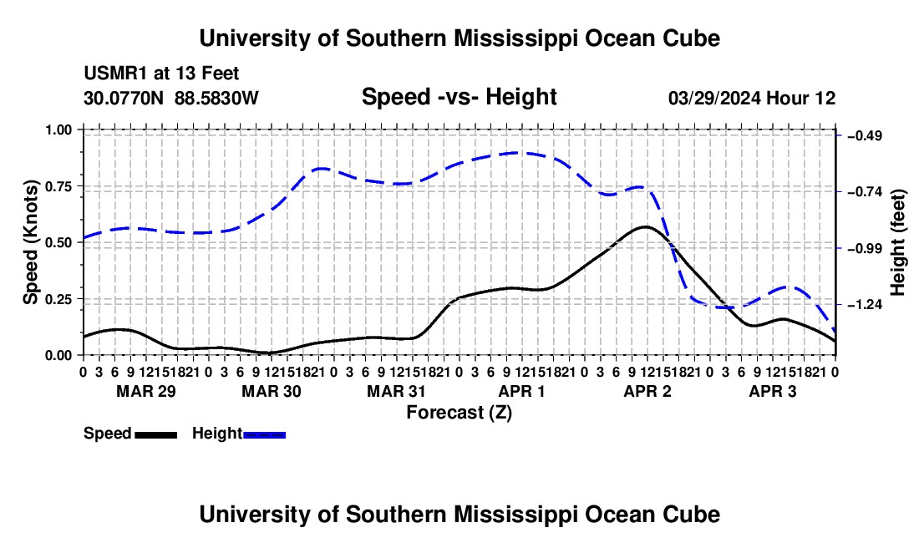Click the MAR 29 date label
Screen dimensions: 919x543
(146, 391)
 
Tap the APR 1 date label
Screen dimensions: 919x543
(521, 391)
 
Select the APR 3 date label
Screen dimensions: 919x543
(773, 391)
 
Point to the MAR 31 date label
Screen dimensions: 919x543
(396, 391)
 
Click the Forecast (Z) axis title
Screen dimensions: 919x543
(459, 413)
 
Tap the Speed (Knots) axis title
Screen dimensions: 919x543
(30, 242)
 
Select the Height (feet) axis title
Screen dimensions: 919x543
(898, 242)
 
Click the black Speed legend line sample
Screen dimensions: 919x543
(156, 435)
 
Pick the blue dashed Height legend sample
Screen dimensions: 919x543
(264, 435)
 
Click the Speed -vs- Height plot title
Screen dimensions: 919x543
(459, 97)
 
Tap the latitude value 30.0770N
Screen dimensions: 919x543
(124, 98)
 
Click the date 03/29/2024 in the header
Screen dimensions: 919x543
(714, 98)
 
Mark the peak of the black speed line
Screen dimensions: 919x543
(645, 226)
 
